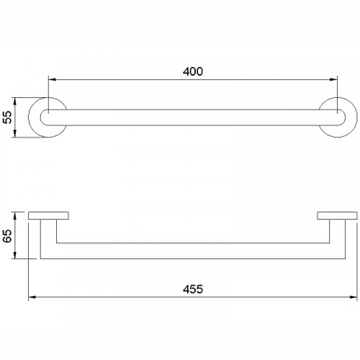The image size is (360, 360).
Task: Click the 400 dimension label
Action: [193, 71]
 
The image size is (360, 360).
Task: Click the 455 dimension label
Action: [193, 289]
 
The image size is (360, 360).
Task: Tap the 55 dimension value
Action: [8, 117]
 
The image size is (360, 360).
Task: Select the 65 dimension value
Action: [8, 236]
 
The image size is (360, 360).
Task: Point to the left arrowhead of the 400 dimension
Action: [52, 79]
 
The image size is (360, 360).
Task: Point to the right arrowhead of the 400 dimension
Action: [334, 79]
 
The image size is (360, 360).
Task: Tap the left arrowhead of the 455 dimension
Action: [32, 297]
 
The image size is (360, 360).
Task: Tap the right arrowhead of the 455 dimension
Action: [354, 297]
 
